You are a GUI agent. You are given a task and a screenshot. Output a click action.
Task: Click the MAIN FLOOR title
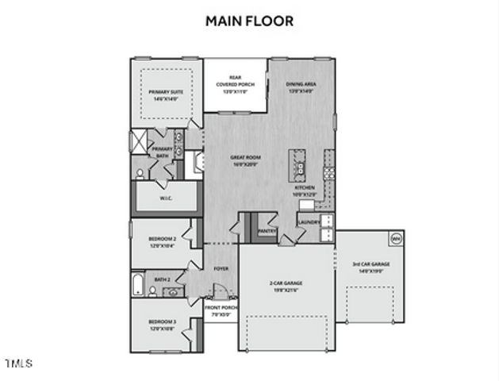pyautogui.click(x=249, y=21)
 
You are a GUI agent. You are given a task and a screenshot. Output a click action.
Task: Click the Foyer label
pyautogui.click(x=221, y=269)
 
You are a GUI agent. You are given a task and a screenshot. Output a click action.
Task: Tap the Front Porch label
pyautogui.click(x=220, y=311)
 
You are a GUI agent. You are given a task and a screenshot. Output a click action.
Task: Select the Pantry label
pyautogui.click(x=267, y=231)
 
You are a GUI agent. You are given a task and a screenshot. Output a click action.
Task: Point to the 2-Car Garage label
pyautogui.click(x=286, y=286)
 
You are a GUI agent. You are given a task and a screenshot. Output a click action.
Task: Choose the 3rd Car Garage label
pyautogui.click(x=371, y=267)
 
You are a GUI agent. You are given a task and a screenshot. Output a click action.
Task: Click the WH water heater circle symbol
pyautogui.click(x=395, y=237)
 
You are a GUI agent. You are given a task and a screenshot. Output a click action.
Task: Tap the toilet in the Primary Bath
pyautogui.click(x=139, y=172)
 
